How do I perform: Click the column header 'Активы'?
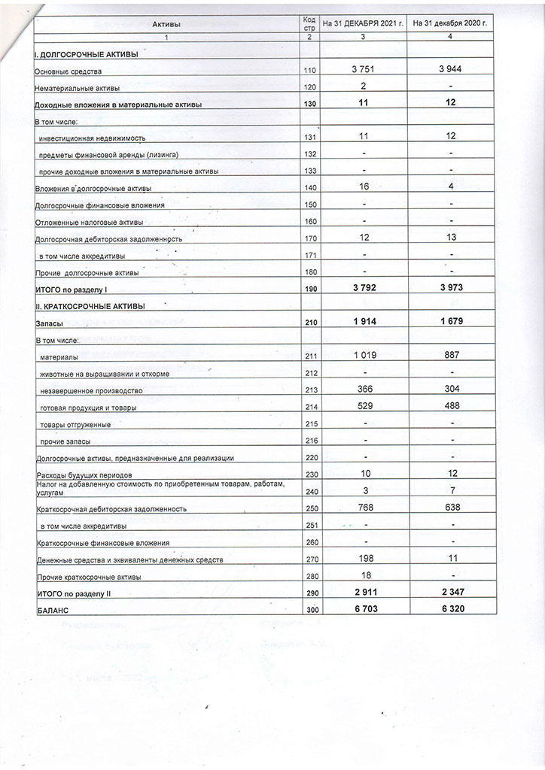point(166,25)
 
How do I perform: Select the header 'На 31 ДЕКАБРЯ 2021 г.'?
point(363,24)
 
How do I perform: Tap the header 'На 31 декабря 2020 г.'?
point(450,24)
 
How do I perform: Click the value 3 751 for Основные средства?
point(363,70)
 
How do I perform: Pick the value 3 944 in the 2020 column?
point(450,70)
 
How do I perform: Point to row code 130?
point(309,104)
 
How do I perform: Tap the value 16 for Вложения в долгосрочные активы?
point(363,186)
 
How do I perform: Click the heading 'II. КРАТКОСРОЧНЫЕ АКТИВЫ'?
point(89,306)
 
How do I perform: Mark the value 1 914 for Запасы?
point(363,321)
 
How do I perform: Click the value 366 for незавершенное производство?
point(363,390)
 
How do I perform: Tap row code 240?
point(309,491)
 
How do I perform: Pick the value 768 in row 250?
point(363,508)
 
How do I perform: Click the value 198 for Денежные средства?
point(363,559)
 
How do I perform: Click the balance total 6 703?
point(363,609)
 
